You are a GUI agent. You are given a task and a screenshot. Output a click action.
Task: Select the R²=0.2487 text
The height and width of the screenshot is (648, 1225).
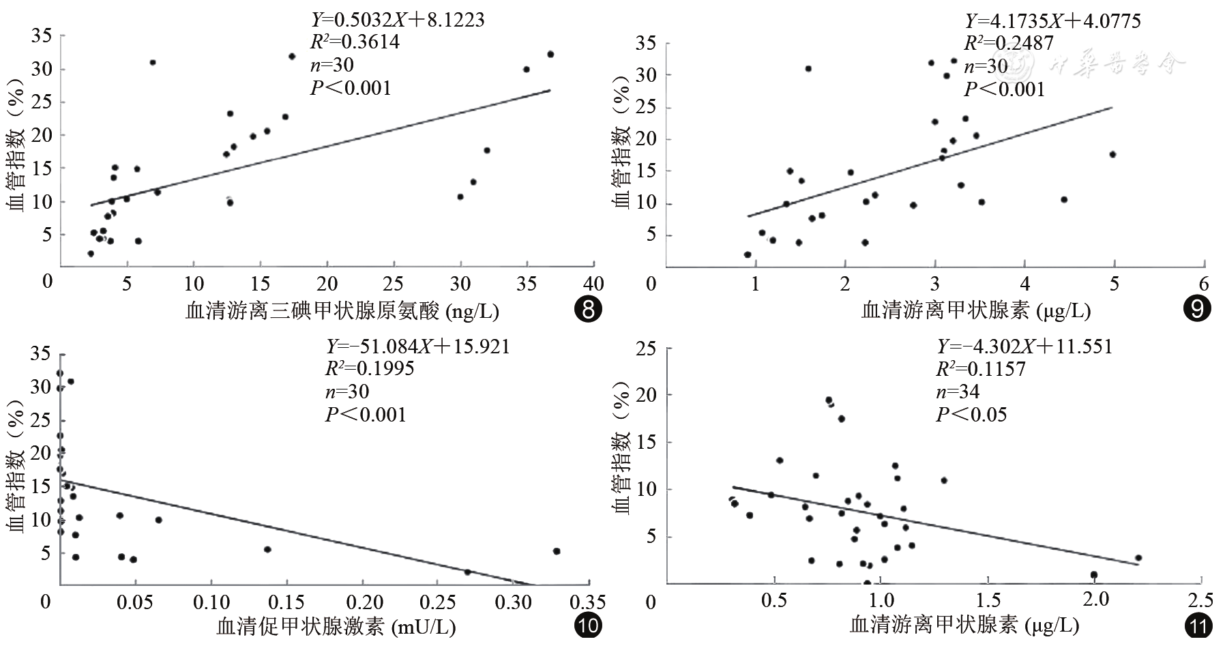coord(1008,43)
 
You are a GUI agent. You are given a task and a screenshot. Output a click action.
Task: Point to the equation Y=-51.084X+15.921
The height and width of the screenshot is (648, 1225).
coord(417,347)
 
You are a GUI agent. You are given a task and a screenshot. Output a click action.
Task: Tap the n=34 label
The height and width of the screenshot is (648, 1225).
coord(958,392)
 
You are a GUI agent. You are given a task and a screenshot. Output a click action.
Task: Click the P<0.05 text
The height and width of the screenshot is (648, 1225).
coord(971,415)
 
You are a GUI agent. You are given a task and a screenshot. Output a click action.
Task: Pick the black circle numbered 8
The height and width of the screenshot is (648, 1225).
coord(589,310)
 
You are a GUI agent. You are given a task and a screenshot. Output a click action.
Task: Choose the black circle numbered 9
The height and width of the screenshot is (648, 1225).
coord(1196,310)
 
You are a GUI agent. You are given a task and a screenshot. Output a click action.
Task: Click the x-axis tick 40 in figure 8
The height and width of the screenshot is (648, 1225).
coord(593,284)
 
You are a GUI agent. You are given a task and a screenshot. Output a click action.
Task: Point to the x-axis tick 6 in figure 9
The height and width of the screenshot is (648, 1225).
coord(1204,284)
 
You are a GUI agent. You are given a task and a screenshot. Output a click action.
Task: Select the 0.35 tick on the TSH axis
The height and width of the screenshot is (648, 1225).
coord(587,602)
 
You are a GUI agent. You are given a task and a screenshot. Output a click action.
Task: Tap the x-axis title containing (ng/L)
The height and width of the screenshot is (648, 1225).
coord(342,312)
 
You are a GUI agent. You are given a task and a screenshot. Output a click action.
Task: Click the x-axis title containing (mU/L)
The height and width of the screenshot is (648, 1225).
coord(336,626)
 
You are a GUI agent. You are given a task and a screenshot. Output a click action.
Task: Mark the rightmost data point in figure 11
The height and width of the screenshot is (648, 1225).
coord(1138,558)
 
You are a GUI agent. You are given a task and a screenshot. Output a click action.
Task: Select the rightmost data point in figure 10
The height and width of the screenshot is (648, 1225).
coord(557,551)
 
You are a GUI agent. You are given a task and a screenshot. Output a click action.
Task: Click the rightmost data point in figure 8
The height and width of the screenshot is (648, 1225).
coord(550,54)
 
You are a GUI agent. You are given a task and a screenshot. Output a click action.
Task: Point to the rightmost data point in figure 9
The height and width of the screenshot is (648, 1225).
coord(1112,154)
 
